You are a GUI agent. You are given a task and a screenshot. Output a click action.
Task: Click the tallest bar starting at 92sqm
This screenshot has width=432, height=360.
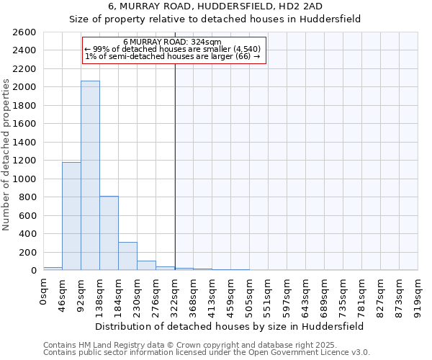(x=90, y=176)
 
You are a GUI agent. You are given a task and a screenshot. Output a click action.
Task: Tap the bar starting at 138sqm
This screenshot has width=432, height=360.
(x=109, y=233)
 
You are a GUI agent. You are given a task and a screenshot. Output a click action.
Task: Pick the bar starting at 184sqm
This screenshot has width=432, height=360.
(x=127, y=256)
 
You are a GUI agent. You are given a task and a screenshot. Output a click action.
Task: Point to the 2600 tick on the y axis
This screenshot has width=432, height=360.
(x=26, y=32)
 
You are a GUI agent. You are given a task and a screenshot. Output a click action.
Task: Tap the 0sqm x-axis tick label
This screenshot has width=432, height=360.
(x=44, y=292)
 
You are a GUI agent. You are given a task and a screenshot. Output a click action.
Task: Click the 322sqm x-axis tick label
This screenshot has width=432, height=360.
(x=175, y=294)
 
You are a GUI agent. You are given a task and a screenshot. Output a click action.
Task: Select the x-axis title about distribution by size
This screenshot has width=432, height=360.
(x=230, y=326)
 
